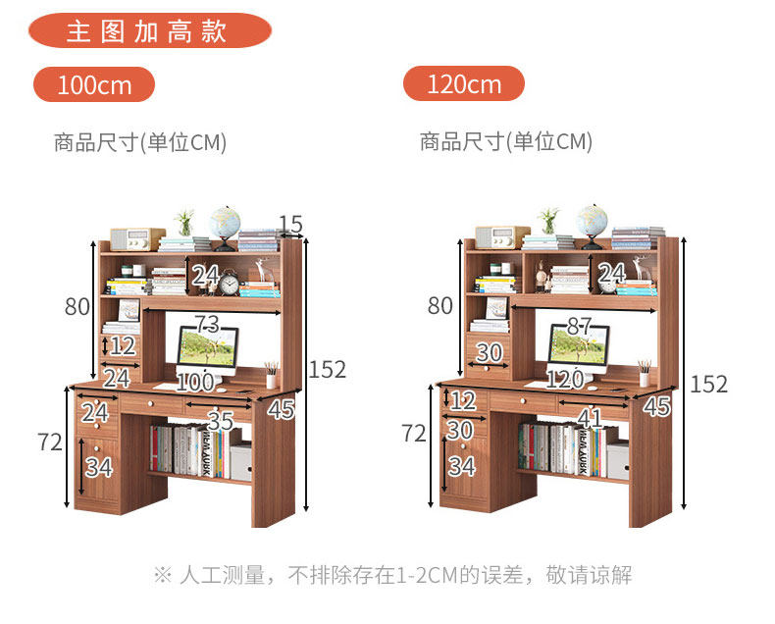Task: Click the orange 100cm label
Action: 94,84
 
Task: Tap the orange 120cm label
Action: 464,84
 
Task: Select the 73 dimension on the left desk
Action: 206,324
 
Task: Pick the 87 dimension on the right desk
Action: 578,328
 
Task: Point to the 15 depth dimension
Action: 290,225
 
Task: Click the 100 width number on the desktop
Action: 195,380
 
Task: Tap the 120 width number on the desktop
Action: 565,380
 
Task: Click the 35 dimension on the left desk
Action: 221,422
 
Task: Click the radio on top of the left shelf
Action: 136,239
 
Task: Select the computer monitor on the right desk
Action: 578,348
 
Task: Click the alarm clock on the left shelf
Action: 230,284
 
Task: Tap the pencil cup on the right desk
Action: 644,376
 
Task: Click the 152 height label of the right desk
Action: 708,384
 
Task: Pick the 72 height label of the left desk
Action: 50,442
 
